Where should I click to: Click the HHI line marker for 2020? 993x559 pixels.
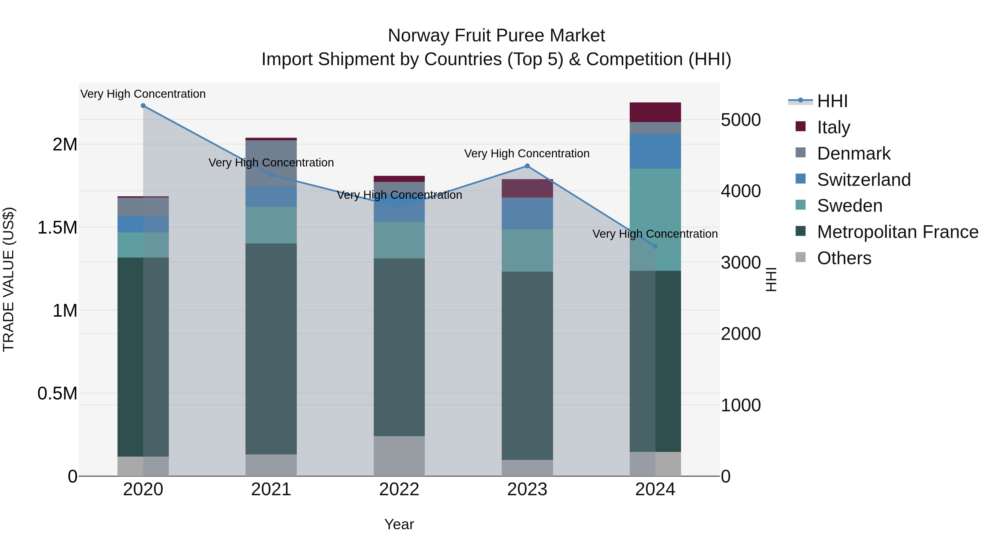[x=143, y=106]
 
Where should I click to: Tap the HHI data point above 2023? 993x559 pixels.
[x=527, y=166]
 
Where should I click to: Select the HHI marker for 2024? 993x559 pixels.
[x=655, y=246]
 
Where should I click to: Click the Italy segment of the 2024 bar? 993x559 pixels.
[x=655, y=112]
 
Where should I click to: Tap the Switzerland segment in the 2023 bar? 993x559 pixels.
[x=527, y=214]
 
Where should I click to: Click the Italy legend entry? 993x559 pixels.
[x=833, y=127]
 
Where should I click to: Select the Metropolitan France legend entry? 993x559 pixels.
[x=897, y=232]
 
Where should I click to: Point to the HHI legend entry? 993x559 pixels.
[x=832, y=101]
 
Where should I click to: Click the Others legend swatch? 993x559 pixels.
[x=801, y=257]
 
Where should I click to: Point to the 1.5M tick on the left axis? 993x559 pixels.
[x=57, y=228]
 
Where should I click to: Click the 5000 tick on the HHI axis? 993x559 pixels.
[x=741, y=120]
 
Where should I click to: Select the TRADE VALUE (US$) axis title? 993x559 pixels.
[x=9, y=279]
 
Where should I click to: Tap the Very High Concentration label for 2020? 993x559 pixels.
[x=143, y=94]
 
